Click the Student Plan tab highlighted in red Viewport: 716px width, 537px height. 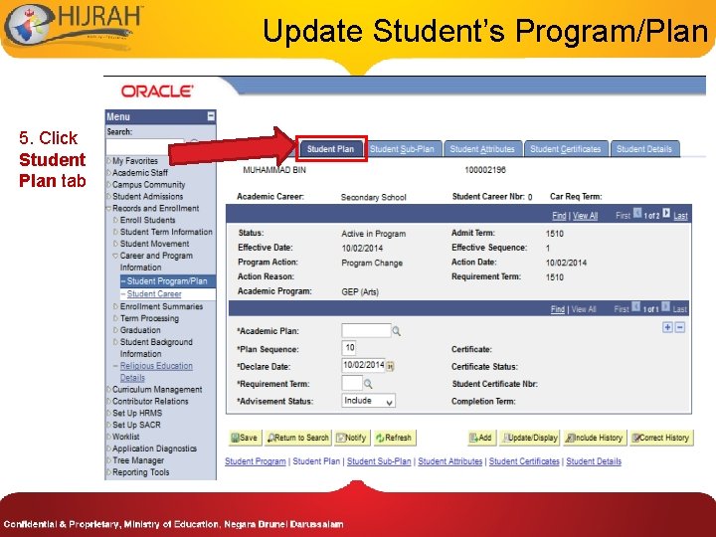[331, 149]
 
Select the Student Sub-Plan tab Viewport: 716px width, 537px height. [402, 149]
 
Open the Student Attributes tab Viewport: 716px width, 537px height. [482, 149]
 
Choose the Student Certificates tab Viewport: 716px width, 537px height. [565, 149]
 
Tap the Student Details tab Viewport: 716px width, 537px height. [644, 149]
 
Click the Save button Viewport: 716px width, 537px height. [244, 438]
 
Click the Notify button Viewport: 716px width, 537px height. [351, 438]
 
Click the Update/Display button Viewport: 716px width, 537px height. [528, 438]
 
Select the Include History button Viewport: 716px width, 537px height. [595, 438]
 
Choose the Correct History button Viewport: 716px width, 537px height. [660, 438]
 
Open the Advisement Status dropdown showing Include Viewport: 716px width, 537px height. [368, 401]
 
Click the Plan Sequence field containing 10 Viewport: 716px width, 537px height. [349, 348]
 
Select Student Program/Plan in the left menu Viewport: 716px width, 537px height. [166, 281]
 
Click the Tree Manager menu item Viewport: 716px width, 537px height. [138, 460]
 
